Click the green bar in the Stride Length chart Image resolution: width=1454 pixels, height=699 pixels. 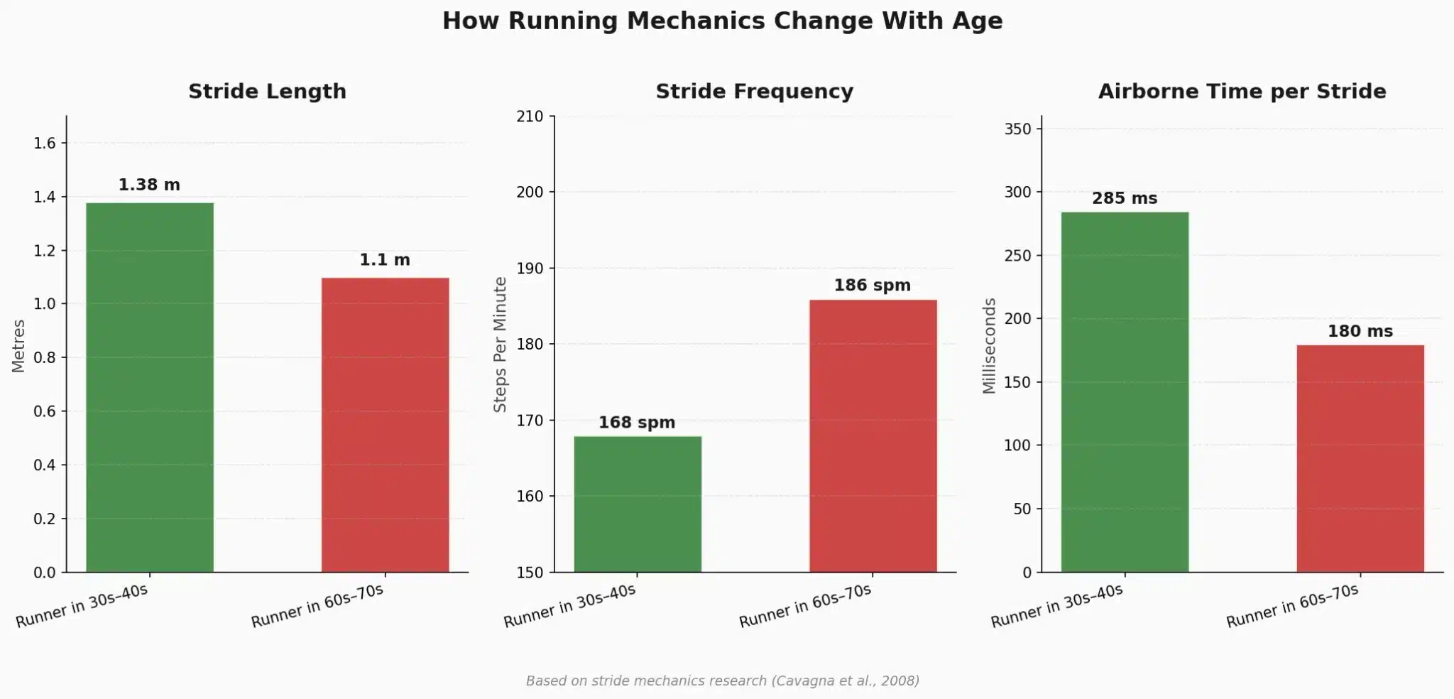click(x=150, y=387)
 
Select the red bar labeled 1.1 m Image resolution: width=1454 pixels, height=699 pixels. click(x=385, y=425)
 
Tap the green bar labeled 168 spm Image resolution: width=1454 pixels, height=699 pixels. click(x=638, y=504)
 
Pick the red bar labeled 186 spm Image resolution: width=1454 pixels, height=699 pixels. click(x=873, y=435)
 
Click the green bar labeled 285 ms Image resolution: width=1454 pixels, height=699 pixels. click(x=1125, y=391)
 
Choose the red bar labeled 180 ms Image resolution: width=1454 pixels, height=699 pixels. click(x=1360, y=458)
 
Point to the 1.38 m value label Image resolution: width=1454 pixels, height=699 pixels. click(x=149, y=185)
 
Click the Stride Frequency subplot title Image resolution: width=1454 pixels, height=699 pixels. click(x=754, y=92)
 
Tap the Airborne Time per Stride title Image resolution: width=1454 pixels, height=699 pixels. click(x=1242, y=92)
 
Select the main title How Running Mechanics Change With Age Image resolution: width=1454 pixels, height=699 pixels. click(x=722, y=21)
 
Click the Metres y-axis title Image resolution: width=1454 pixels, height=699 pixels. click(x=18, y=346)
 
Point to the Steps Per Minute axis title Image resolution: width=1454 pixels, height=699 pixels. click(x=500, y=345)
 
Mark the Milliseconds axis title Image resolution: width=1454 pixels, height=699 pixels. click(x=989, y=346)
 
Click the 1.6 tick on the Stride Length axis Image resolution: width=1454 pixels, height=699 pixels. click(x=44, y=143)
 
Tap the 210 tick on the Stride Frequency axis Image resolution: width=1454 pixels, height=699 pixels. click(x=530, y=116)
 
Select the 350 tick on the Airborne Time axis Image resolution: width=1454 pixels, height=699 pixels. click(x=1017, y=129)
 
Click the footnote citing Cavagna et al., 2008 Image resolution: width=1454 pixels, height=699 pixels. click(x=722, y=681)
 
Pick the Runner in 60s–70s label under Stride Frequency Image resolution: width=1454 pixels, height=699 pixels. click(x=805, y=606)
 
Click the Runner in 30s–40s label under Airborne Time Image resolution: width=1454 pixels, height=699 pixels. click(x=1056, y=606)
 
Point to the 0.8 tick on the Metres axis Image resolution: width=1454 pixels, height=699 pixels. click(x=44, y=358)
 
